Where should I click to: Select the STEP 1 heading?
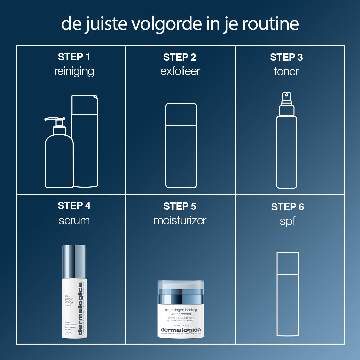(x=74, y=57)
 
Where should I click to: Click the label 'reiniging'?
(x=74, y=71)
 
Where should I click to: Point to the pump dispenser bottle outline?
(x=59, y=157)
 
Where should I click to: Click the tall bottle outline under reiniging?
(x=85, y=143)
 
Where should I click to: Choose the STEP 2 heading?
(x=180, y=57)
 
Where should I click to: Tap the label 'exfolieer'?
(x=180, y=71)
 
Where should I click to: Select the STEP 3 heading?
(x=286, y=57)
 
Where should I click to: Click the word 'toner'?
(x=286, y=71)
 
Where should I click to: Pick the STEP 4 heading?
(x=74, y=206)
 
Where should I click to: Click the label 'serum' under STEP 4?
(x=74, y=220)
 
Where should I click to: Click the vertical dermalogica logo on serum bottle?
(x=80, y=310)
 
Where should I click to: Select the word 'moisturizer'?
(x=180, y=220)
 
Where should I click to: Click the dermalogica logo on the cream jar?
(x=181, y=330)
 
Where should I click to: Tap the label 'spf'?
(x=287, y=221)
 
